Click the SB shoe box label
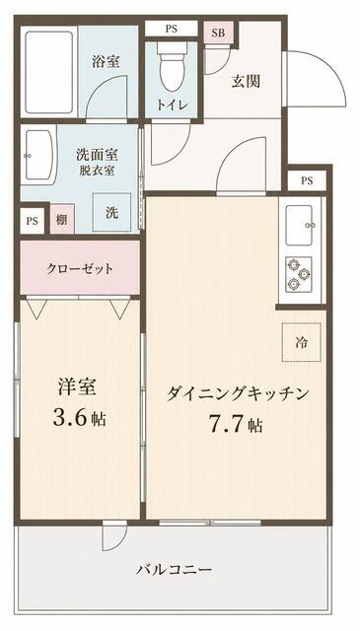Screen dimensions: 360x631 (218, 34)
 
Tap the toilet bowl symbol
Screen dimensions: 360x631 (172, 67)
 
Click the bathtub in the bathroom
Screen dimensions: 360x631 (48, 72)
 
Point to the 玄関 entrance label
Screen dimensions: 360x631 (246, 82)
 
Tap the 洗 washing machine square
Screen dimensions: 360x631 (112, 213)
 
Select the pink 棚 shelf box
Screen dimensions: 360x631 (62, 219)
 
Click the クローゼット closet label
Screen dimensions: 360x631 (80, 269)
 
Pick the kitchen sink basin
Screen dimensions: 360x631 (299, 225)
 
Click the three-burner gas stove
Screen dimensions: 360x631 (299, 274)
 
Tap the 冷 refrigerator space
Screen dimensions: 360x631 (301, 342)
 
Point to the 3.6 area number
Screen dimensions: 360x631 (70, 419)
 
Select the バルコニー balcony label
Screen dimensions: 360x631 (174, 570)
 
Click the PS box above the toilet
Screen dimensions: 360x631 (172, 29)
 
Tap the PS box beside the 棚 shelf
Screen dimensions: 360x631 (32, 221)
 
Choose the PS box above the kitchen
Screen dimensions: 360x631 (307, 181)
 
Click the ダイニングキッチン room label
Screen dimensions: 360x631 (238, 393)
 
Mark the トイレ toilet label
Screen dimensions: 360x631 (173, 105)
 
